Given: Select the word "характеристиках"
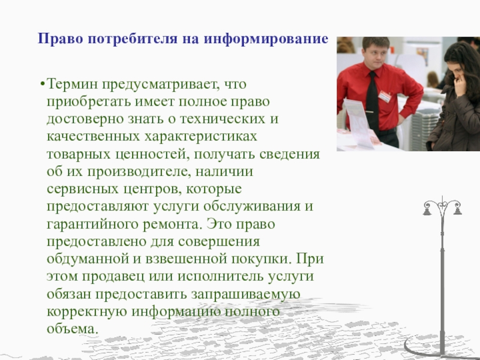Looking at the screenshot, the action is [200, 137].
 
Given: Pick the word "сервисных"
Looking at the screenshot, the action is [82, 189].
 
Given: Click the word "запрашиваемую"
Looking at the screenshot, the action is [245, 294].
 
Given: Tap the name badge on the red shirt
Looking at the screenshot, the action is [385, 96].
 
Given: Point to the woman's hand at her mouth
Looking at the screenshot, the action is [459, 83].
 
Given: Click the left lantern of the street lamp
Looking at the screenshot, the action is [427, 211].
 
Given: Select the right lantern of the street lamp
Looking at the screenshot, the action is [457, 211].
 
